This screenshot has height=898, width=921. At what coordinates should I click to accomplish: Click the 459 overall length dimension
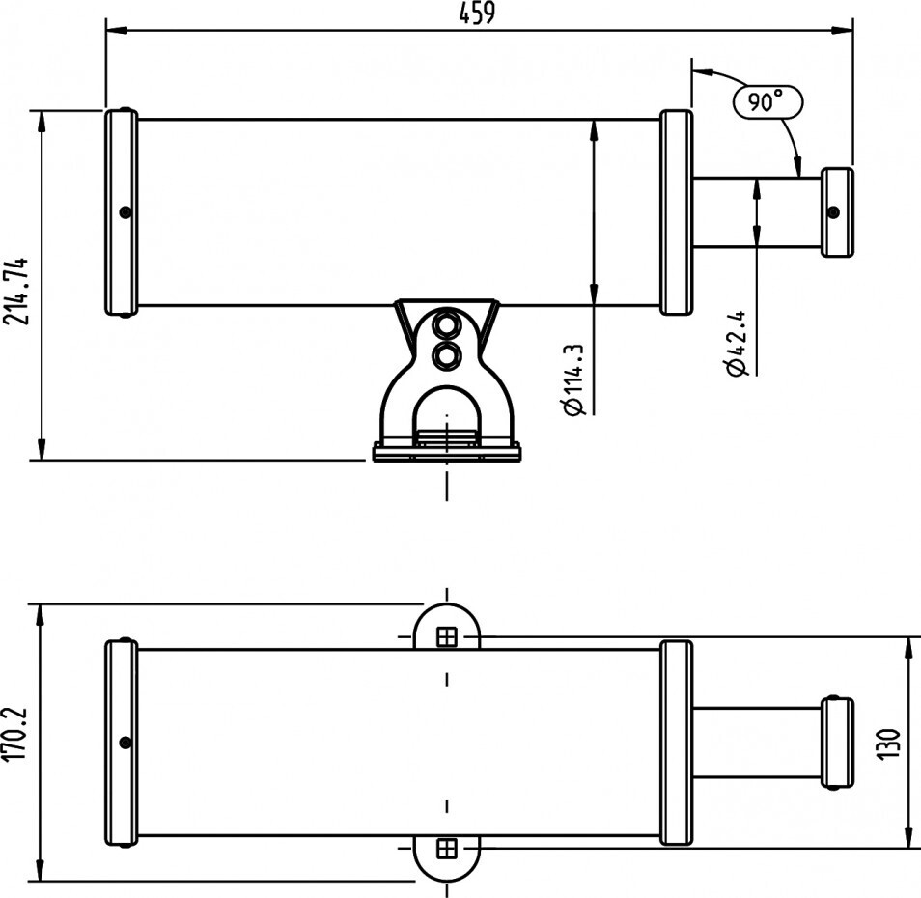(x=477, y=14)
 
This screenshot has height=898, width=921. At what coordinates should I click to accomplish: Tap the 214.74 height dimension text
(x=15, y=291)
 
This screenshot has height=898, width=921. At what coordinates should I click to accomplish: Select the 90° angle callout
(x=767, y=102)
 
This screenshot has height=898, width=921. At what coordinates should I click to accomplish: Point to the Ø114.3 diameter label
(x=573, y=380)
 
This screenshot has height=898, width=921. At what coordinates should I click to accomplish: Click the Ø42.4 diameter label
(x=736, y=343)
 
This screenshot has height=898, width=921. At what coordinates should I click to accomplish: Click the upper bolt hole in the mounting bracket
(x=446, y=324)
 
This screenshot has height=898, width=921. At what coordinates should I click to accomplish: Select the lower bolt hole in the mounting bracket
(x=446, y=354)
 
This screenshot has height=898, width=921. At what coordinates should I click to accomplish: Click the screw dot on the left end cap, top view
(x=126, y=212)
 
